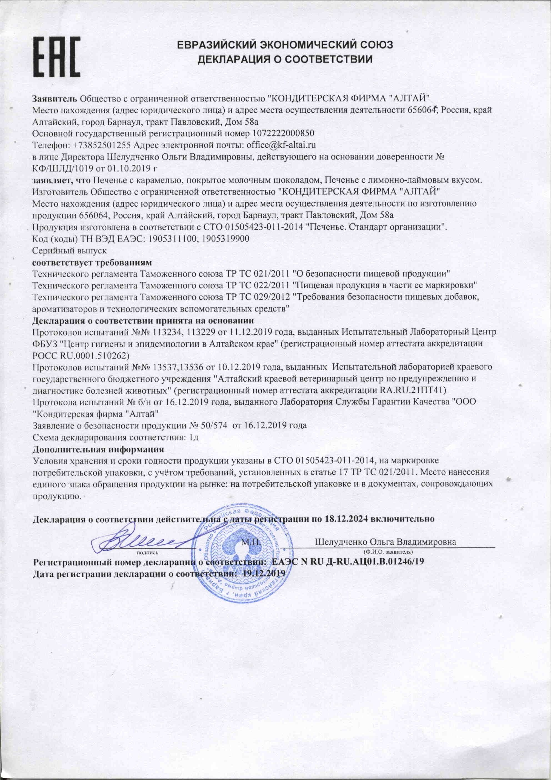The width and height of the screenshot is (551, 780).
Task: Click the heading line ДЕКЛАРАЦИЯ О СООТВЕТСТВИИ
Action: pyautogui.click(x=285, y=59)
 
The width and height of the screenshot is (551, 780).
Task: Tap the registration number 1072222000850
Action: pyautogui.click(x=284, y=132)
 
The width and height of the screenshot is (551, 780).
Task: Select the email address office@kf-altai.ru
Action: pyautogui.click(x=281, y=145)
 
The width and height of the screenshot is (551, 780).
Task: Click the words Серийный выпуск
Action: pyautogui.click(x=69, y=251)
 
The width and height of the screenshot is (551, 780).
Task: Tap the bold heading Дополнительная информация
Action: pyautogui.click(x=98, y=449)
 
